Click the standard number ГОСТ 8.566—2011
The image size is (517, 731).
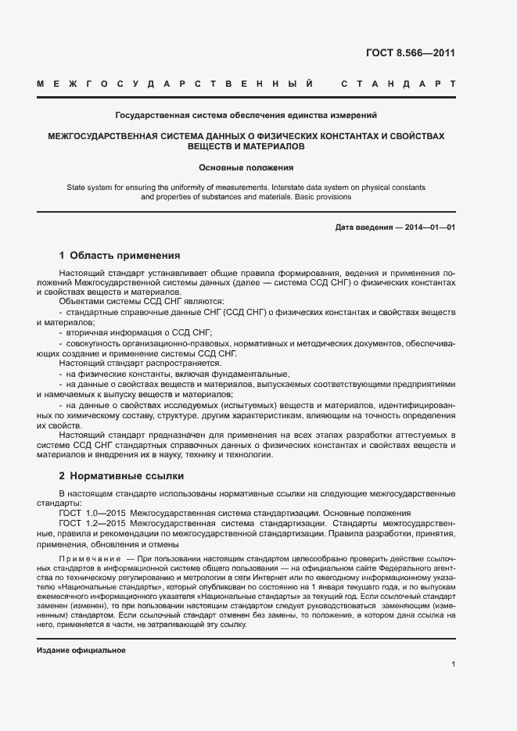click(410, 53)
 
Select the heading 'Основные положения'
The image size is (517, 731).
click(246, 167)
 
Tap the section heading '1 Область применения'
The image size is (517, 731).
click(120, 255)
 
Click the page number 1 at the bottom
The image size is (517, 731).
click(453, 664)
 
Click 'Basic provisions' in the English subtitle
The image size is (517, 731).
click(324, 197)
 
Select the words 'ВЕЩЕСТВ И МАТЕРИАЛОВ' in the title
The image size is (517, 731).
click(246, 146)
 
